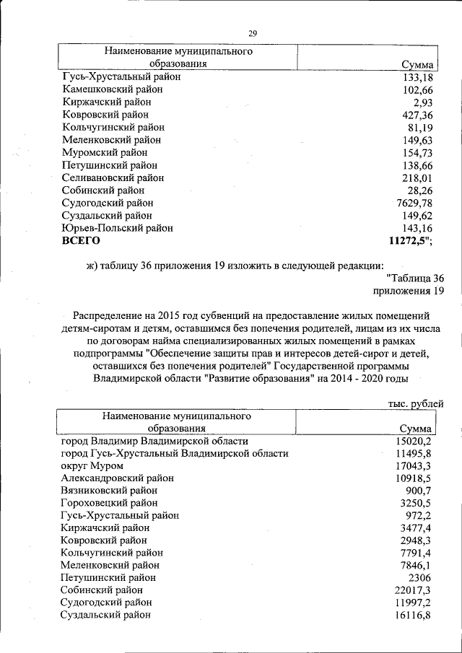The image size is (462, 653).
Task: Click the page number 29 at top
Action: pos(253,33)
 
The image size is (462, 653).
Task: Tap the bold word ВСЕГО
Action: pos(81,241)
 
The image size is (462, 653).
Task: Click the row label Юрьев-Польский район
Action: pos(118,228)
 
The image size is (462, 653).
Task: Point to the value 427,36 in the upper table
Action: pos(417,115)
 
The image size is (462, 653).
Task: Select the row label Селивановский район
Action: pos(113,178)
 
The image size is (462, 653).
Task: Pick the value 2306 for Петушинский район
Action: pos(419,577)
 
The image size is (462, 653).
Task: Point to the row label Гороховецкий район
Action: pos(110,503)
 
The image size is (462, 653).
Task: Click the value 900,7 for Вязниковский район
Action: pos(416,490)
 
